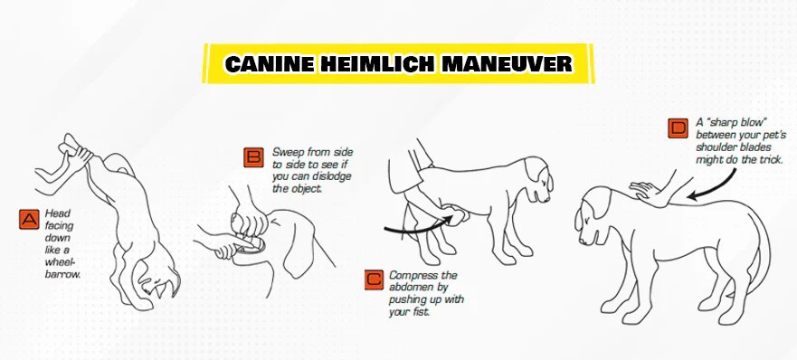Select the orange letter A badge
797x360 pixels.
[29, 219]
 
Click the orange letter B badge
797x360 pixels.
[254, 157]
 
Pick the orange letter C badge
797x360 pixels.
[373, 279]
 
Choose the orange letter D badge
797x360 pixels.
[678, 128]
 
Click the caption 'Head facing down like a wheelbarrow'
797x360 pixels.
[62, 238]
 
